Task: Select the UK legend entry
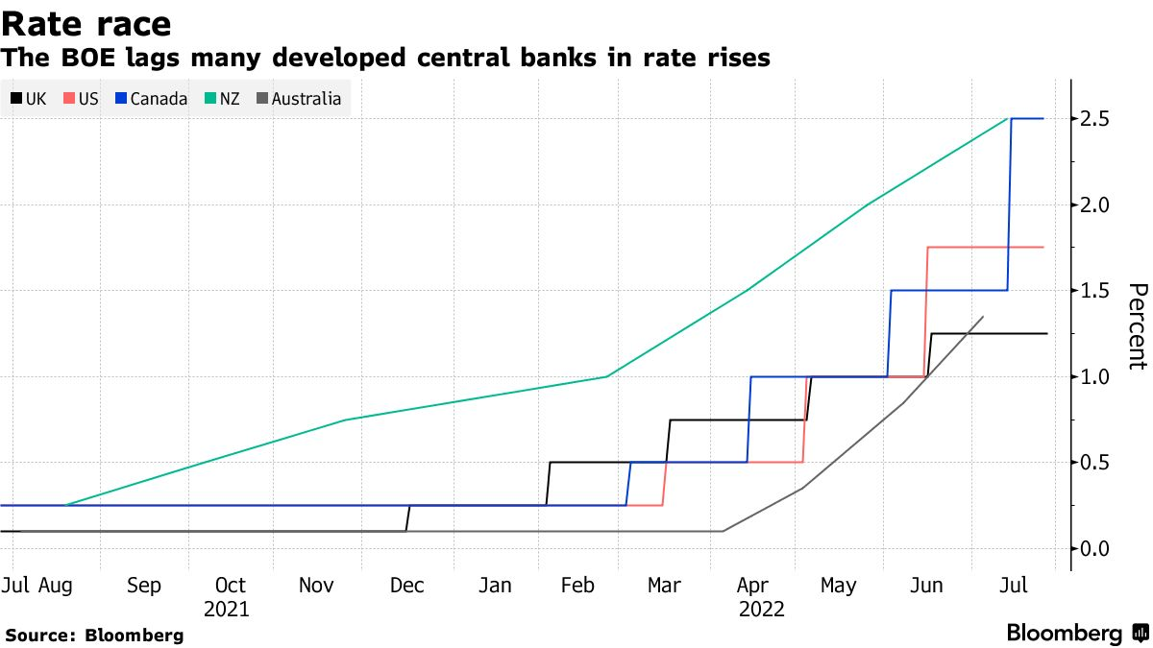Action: click(29, 98)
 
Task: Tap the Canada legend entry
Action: click(151, 98)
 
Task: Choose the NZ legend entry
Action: click(223, 98)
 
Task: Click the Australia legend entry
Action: click(298, 98)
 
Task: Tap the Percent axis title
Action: click(1137, 325)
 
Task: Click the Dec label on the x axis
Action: click(407, 585)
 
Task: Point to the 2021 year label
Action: click(227, 609)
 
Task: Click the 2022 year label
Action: click(762, 609)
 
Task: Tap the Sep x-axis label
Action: click(143, 585)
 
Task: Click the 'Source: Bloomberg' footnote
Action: click(94, 635)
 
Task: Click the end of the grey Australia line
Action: click(983, 317)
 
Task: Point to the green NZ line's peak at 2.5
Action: click(1007, 119)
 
